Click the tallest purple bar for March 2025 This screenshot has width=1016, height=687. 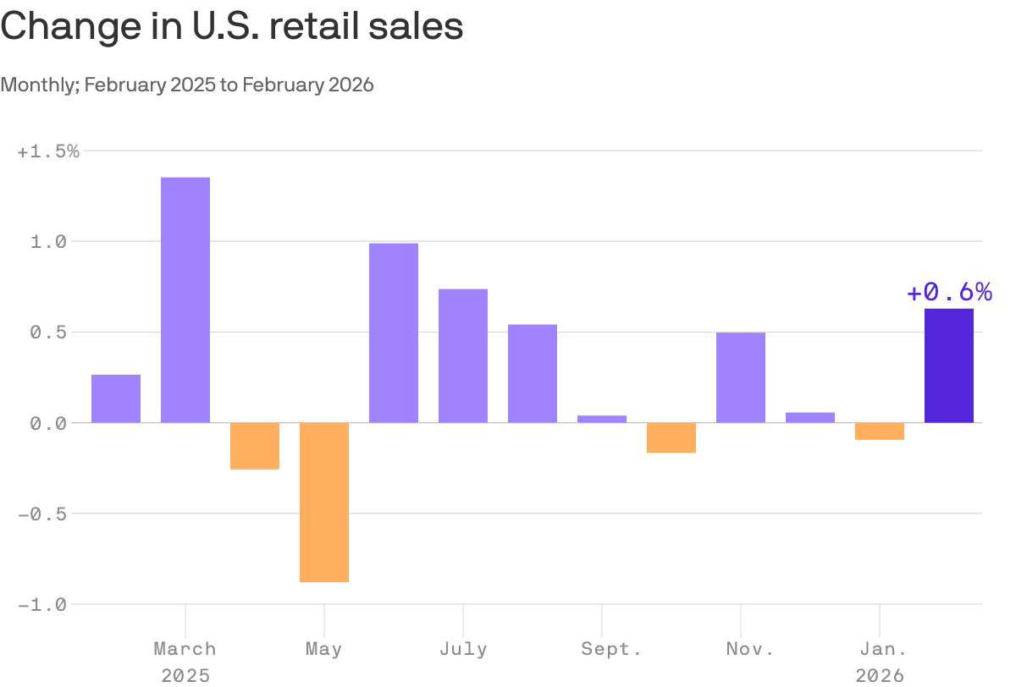(185, 300)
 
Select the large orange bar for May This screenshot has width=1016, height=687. (324, 502)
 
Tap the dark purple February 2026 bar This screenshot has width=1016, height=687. (948, 365)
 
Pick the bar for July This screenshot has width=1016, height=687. (463, 355)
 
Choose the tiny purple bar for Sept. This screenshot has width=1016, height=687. (602, 419)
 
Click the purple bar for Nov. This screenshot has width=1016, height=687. (741, 377)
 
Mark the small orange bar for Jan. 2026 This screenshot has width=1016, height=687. (880, 431)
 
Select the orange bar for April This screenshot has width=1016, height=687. (255, 445)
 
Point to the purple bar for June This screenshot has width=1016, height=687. (394, 333)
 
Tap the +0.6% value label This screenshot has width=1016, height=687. (948, 293)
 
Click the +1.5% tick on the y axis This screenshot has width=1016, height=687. (48, 151)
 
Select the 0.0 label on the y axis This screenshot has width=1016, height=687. (48, 423)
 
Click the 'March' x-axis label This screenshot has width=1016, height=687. (185, 649)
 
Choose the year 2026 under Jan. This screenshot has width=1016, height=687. (880, 675)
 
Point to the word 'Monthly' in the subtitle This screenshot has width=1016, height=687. (39, 85)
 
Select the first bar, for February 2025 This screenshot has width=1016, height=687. (116, 398)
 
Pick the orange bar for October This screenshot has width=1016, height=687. (671, 437)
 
